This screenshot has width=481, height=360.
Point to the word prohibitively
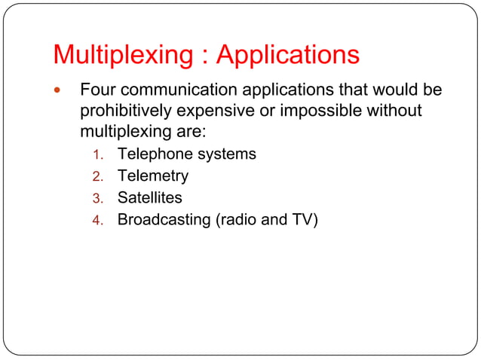tap(124, 111)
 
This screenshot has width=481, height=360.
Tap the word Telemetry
tap(152, 176)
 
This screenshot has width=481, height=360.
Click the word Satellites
tap(149, 198)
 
